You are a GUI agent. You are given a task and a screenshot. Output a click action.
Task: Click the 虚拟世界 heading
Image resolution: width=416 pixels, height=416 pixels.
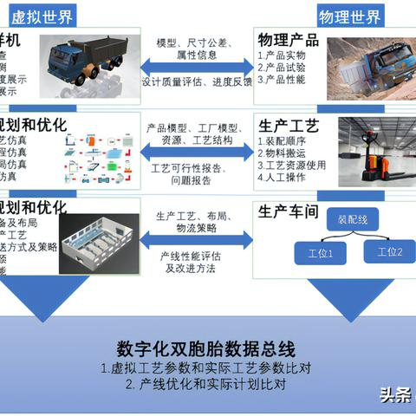point(42,16)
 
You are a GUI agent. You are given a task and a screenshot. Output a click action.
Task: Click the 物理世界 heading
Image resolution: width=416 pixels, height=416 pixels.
point(349,16)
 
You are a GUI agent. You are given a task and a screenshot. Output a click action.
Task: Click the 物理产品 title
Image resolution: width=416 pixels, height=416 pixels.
point(289,41)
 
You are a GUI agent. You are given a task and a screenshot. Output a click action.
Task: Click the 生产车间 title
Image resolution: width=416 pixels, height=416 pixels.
point(289,211)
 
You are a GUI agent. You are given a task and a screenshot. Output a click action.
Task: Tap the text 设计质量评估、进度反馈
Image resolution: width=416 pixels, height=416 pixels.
point(198,83)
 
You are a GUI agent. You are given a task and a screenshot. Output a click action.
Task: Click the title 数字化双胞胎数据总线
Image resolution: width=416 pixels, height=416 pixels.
point(208,350)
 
